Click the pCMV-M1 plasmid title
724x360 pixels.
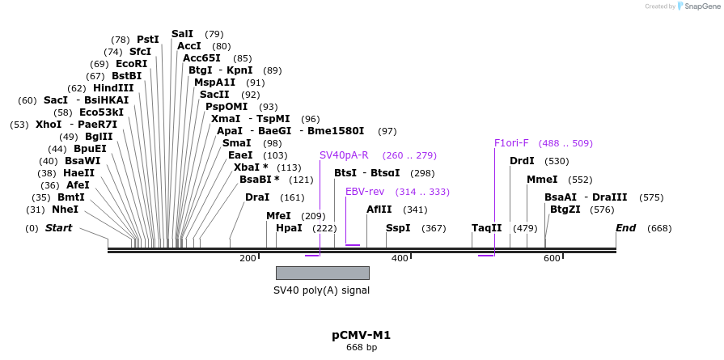coord(361,335)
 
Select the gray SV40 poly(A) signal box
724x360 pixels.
coord(322,273)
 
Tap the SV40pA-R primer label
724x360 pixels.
coord(344,155)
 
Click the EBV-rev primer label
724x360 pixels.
coord(365,192)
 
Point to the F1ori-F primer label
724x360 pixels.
coord(511,143)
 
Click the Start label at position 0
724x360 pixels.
coord(58,228)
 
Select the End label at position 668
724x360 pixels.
coord(625,228)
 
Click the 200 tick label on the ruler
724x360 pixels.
coord(248,258)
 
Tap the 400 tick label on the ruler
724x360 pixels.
coord(400,258)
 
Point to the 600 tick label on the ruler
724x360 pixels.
coord(552,258)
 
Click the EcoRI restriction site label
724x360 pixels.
coord(131,64)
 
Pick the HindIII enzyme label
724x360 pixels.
coord(113,88)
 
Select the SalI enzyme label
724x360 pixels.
coord(183,34)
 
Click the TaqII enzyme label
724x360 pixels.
coord(487,228)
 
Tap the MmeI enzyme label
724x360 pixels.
coord(542,180)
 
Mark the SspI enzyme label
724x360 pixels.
coord(398,228)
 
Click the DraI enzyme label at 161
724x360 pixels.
coord(257,197)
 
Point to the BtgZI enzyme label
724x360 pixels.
coord(565,210)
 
